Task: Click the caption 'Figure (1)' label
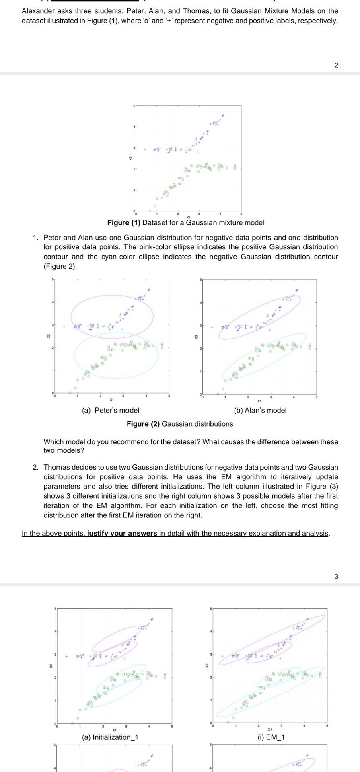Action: [124, 223]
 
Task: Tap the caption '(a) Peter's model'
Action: [111, 410]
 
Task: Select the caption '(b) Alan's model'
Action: [260, 410]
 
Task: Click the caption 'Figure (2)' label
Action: [143, 424]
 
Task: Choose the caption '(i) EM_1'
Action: [271, 737]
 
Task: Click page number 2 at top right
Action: [336, 65]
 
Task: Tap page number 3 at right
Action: [336, 576]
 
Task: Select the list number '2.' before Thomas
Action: [36, 467]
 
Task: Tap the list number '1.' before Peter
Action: [36, 238]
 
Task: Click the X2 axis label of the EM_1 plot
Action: [207, 666]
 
